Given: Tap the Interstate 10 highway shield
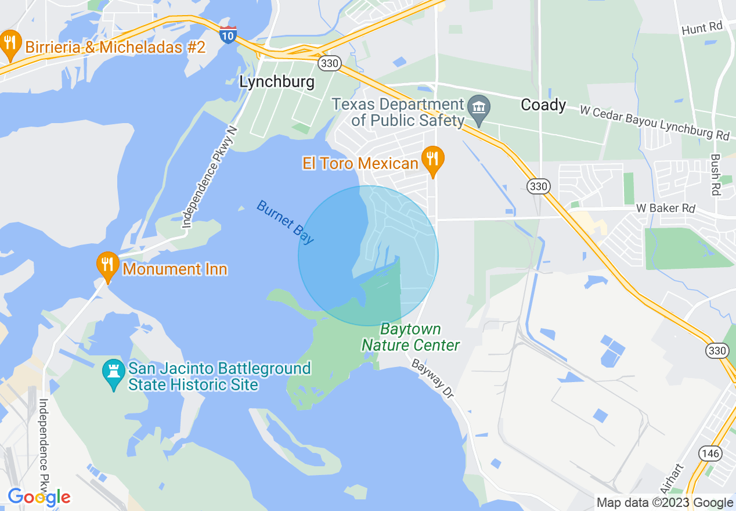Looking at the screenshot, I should [228, 34].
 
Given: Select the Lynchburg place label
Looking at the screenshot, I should [277, 82].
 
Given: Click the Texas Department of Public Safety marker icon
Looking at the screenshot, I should [479, 108].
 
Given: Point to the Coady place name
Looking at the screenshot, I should [543, 105].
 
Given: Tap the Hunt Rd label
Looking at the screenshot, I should [702, 27].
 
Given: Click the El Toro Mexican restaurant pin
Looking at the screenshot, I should [432, 159].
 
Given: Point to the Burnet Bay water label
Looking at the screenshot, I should [285, 222].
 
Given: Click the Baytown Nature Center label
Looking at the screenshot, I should [410, 337].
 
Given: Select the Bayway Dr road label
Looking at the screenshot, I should [432, 378].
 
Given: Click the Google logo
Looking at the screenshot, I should [39, 497].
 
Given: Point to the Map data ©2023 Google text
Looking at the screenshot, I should [665, 503].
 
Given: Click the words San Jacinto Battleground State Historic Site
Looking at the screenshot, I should [219, 376].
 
